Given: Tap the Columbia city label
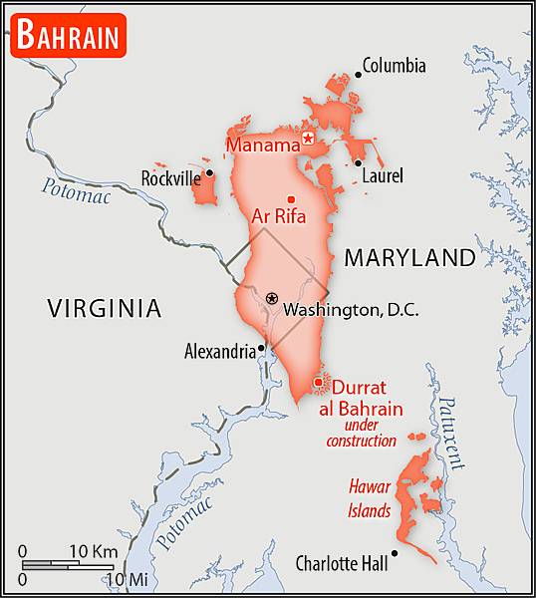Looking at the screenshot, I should click(394, 66).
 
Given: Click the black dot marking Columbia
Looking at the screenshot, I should click(358, 74).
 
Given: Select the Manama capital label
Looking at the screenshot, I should click(263, 146).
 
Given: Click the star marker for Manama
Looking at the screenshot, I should click(309, 139).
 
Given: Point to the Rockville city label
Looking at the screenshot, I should click(170, 178).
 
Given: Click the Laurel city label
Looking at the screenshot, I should click(383, 176).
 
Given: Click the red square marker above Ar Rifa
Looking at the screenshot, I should click(291, 198).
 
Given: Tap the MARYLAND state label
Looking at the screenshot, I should click(409, 258).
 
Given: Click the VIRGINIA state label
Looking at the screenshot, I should click(104, 309).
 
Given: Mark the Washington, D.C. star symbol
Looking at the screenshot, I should click(272, 298).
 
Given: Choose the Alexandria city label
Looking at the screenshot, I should click(220, 351).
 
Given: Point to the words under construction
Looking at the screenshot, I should click(362, 433).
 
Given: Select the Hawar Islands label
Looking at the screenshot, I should click(369, 499).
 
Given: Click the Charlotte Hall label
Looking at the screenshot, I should click(342, 564).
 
